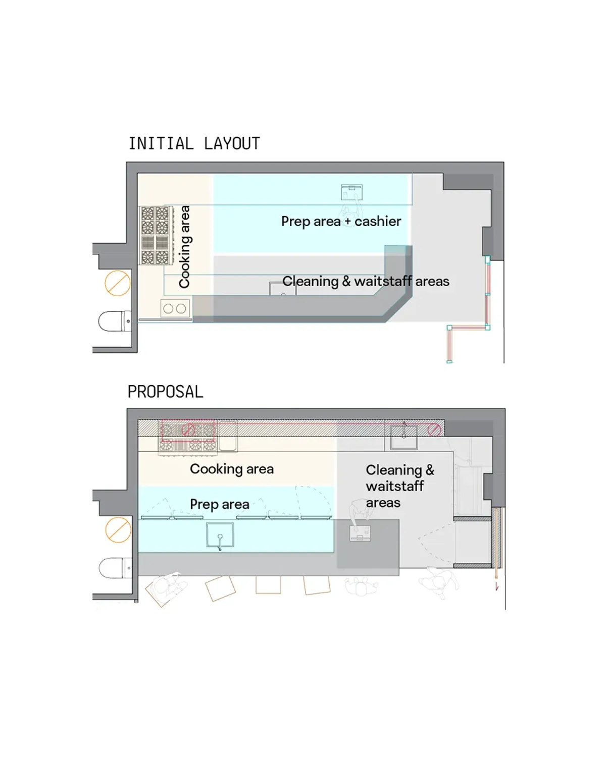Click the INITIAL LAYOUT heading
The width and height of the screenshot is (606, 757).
(x=194, y=143)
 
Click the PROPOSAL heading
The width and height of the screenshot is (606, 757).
(x=165, y=392)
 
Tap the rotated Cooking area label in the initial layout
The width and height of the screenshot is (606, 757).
(x=184, y=247)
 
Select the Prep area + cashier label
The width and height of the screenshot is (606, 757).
(x=341, y=222)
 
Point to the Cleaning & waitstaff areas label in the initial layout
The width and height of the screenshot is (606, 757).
(x=366, y=282)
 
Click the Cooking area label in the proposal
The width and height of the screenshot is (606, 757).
(x=232, y=469)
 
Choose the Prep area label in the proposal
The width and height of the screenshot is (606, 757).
(x=219, y=505)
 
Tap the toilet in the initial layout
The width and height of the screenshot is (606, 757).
(x=115, y=321)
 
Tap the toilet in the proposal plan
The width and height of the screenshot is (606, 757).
(x=115, y=568)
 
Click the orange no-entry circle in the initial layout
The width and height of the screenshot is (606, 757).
(x=118, y=283)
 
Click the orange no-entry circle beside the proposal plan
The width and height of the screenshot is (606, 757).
(x=118, y=530)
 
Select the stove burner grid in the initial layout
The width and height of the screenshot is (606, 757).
(x=156, y=235)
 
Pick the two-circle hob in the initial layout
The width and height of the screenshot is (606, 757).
(x=175, y=308)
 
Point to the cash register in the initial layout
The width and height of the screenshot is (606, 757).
(x=352, y=192)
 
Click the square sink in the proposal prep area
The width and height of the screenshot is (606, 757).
(x=220, y=535)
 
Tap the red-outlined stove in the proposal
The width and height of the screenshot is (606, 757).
(x=188, y=430)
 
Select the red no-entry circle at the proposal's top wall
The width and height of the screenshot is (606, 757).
(x=434, y=430)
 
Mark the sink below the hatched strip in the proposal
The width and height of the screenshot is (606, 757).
(x=404, y=437)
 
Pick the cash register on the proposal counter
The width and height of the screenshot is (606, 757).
(x=360, y=533)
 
